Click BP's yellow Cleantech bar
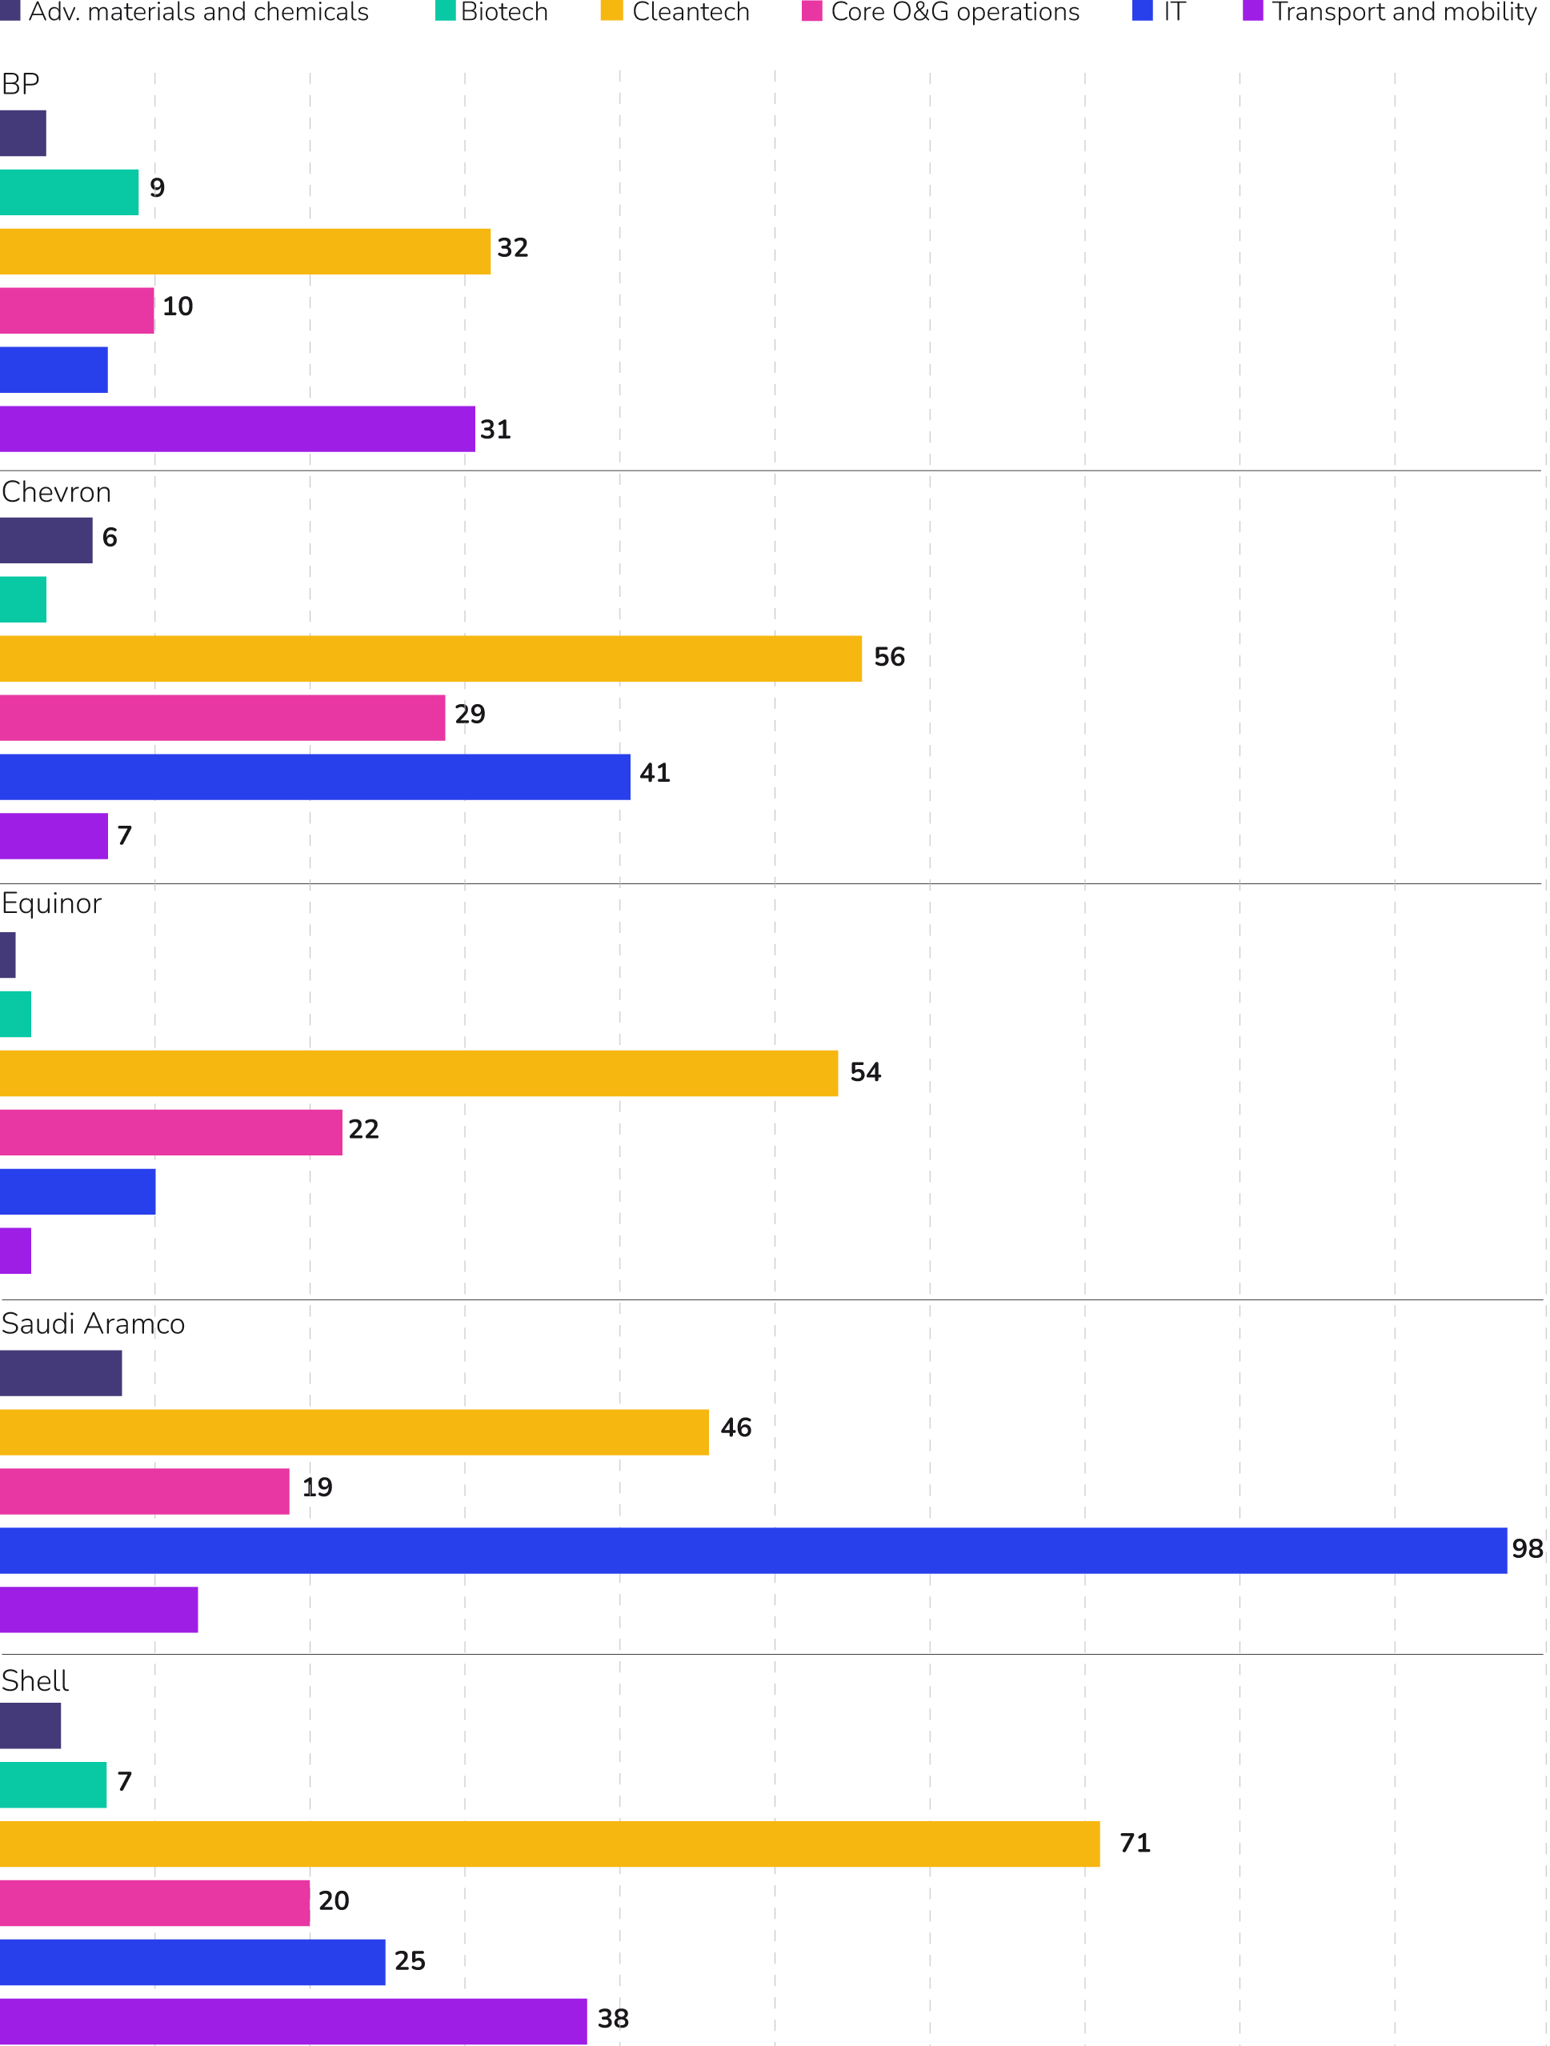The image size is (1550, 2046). (x=245, y=251)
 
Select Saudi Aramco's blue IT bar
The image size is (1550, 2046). (x=753, y=1550)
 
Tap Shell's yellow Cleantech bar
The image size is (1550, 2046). (x=551, y=1844)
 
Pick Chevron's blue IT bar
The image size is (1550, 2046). (x=314, y=777)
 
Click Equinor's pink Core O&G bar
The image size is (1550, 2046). (x=171, y=1132)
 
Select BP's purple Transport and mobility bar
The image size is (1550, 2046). (x=237, y=429)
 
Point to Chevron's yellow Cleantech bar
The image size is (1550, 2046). (x=431, y=659)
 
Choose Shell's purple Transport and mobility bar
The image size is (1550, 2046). (x=293, y=2021)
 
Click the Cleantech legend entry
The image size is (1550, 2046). (x=676, y=12)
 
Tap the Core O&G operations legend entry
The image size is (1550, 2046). (x=942, y=12)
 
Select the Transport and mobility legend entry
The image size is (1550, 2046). (x=1390, y=12)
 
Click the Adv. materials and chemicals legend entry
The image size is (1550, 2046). (x=185, y=12)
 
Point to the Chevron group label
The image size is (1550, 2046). (x=56, y=493)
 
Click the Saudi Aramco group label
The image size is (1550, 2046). (x=93, y=1324)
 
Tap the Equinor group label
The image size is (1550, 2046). (x=52, y=903)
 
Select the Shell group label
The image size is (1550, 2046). (x=35, y=1680)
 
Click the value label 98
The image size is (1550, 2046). (x=1527, y=1549)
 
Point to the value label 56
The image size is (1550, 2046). (x=890, y=658)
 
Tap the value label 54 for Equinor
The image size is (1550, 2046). (x=866, y=1073)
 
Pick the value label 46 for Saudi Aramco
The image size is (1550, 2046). (x=736, y=1428)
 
